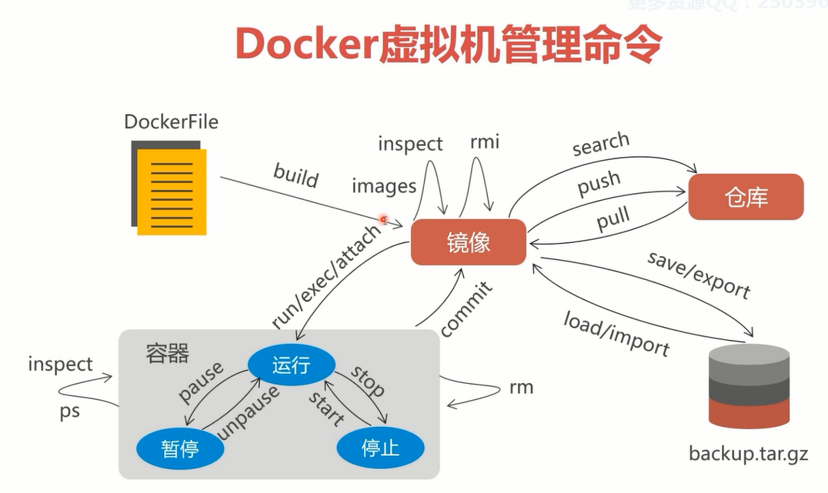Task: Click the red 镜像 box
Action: (468, 242)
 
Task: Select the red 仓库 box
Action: (746, 197)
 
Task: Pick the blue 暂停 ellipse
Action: (180, 448)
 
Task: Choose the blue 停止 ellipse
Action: (381, 447)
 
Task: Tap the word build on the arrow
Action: (295, 175)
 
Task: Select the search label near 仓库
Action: (601, 144)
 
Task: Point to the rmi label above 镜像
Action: (485, 142)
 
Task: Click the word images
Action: (384, 185)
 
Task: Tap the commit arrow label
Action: (466, 309)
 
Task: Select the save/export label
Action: (699, 275)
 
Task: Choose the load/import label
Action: (616, 333)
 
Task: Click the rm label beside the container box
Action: (521, 387)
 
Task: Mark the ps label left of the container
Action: (70, 411)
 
